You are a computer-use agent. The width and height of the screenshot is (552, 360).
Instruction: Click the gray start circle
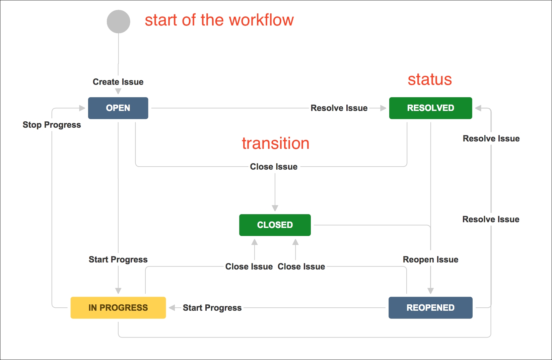[x=118, y=21]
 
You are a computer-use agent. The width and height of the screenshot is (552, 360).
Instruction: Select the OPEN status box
[x=118, y=108]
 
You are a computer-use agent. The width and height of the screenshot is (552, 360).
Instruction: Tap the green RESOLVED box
[x=430, y=108]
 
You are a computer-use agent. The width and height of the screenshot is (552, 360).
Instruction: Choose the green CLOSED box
[x=275, y=225]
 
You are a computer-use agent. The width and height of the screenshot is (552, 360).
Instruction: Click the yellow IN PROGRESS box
[x=118, y=308]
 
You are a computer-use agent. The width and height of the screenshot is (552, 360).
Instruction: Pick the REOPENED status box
[x=430, y=308]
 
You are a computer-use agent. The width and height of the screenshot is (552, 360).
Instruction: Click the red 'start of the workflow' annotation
[x=219, y=20]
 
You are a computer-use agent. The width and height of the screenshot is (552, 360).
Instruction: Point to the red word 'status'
[x=430, y=79]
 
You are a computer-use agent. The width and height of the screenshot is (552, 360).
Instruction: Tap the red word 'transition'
[x=276, y=143]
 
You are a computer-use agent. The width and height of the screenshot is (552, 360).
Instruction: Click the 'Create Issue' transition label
[x=118, y=82]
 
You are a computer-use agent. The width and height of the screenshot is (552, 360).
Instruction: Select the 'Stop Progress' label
[x=52, y=125]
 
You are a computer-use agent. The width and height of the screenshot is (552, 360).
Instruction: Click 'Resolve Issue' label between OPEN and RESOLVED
[x=339, y=108]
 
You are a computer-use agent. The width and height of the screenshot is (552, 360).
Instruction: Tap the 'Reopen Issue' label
[x=430, y=259]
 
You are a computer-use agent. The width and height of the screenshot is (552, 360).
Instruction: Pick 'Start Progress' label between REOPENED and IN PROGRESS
[x=212, y=308]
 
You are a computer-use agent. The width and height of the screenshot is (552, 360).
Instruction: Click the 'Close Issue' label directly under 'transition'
[x=274, y=167]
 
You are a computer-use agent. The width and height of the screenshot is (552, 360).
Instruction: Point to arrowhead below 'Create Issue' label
[x=118, y=92]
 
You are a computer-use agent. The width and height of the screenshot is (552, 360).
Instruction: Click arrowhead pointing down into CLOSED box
[x=275, y=208]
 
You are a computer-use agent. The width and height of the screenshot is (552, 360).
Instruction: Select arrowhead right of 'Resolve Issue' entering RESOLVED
[x=383, y=108]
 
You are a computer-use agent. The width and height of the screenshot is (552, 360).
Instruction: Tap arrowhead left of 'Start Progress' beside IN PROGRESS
[x=172, y=308]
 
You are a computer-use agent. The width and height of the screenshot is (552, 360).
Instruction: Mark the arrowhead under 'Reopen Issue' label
[x=430, y=291]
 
